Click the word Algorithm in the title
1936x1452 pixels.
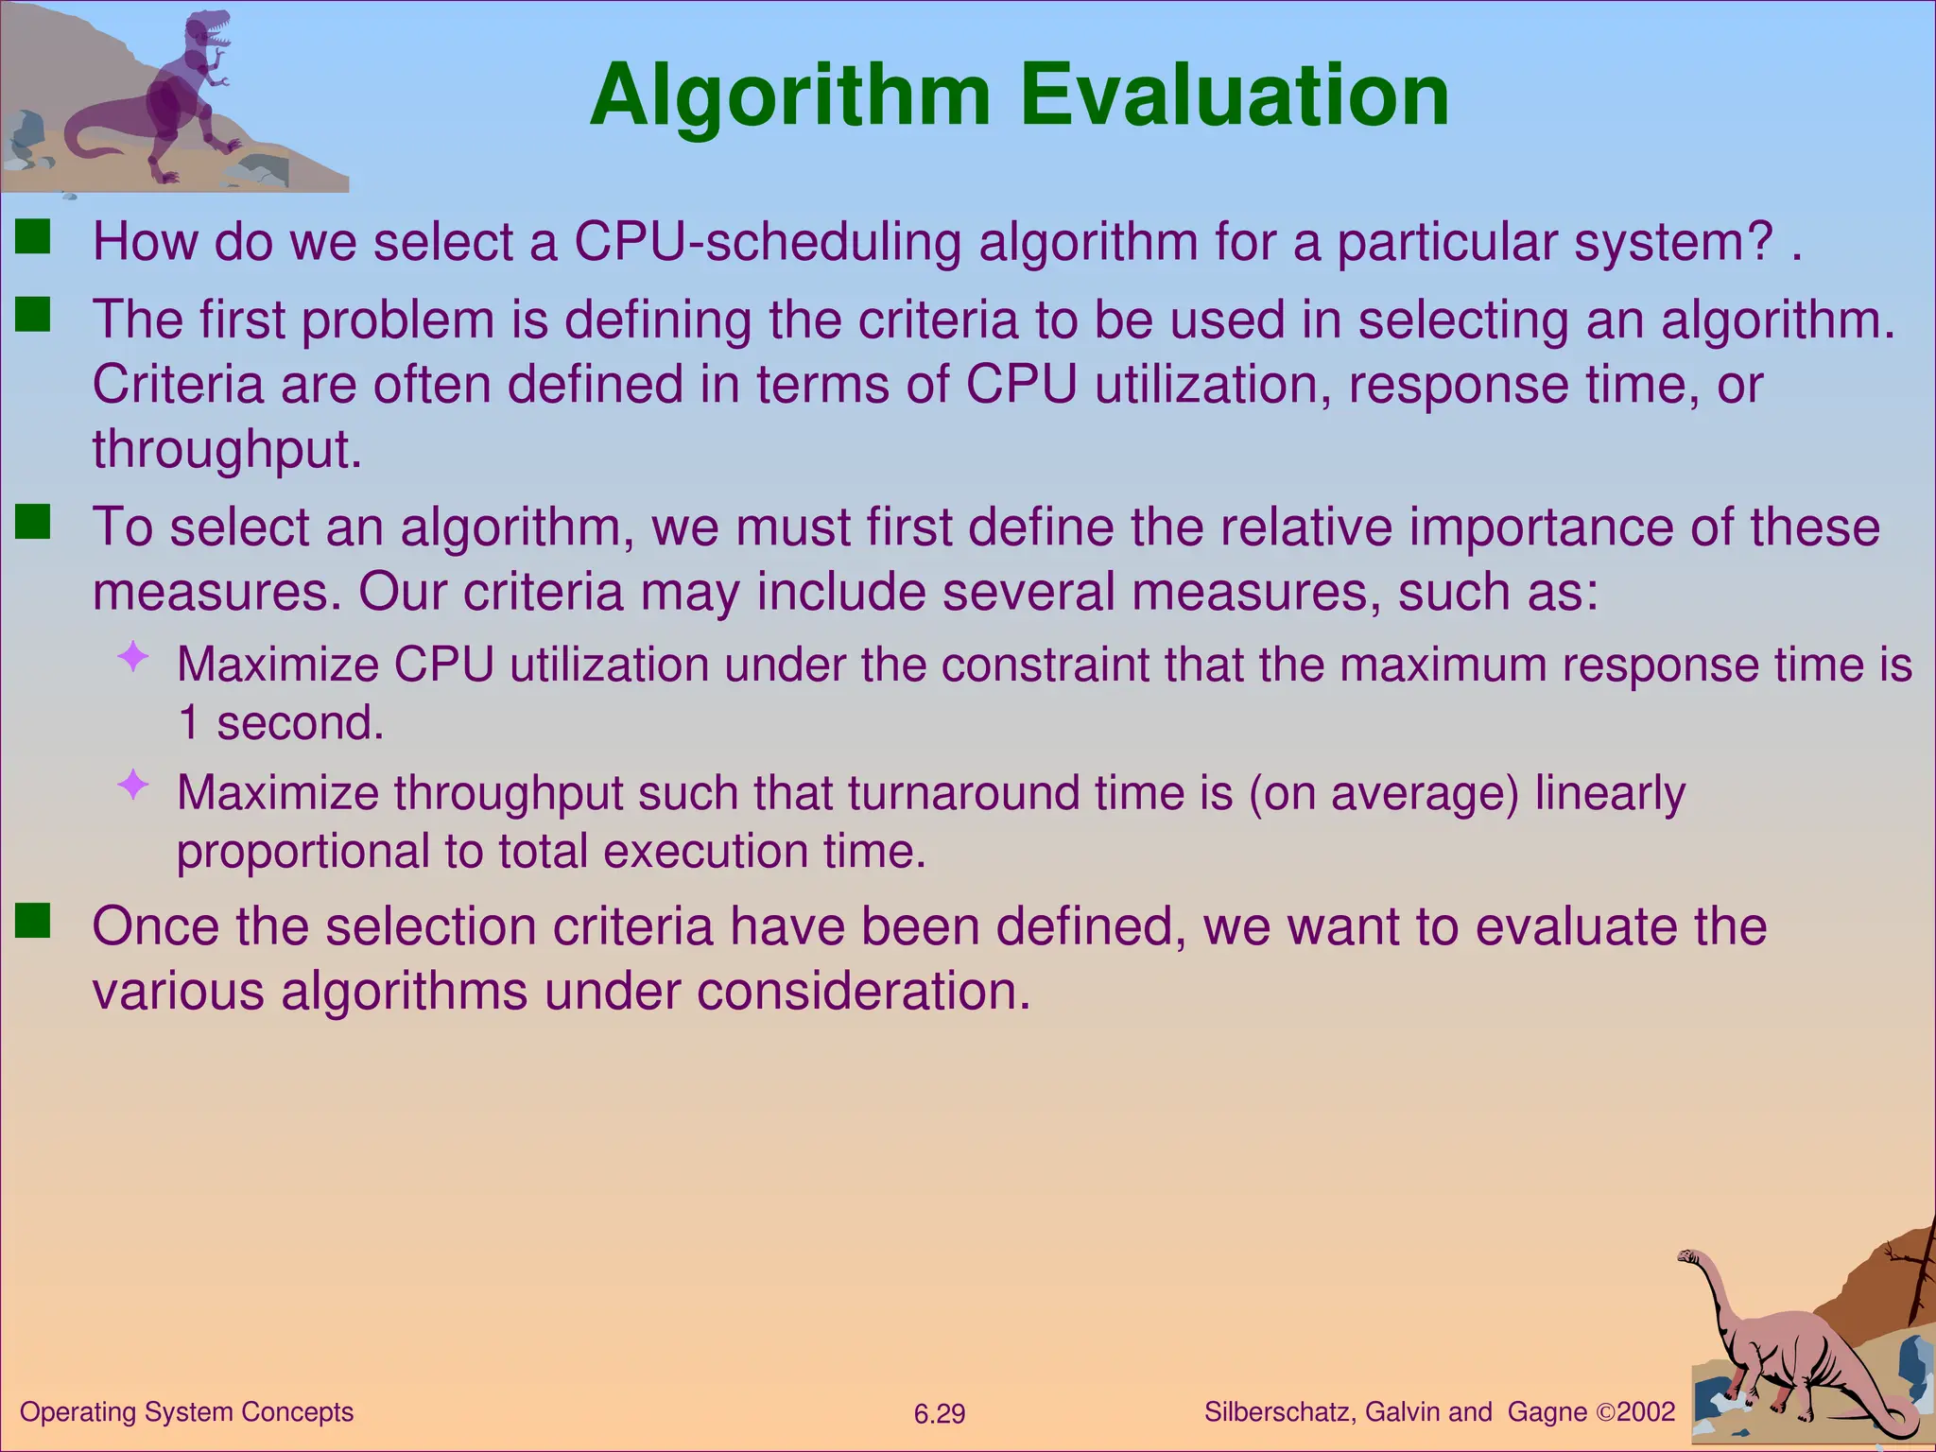point(790,97)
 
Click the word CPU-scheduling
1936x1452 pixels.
point(768,242)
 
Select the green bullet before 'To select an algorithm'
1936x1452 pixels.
point(33,522)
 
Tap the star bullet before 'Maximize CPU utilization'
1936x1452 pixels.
point(133,656)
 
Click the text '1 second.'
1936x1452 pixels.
point(280,723)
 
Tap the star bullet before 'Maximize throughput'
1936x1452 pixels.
point(133,784)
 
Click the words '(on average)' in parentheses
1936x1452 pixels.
point(1383,792)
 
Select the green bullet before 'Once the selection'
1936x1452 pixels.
point(33,921)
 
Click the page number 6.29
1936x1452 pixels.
point(939,1414)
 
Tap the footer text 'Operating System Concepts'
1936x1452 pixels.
point(186,1412)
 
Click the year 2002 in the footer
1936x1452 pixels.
point(1646,1412)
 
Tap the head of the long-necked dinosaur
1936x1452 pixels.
point(1688,1257)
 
